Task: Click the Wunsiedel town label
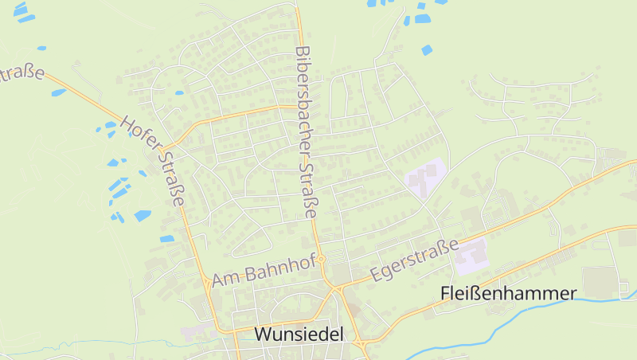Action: tap(299, 335)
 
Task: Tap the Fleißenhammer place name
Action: tap(507, 294)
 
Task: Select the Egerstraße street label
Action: tap(416, 260)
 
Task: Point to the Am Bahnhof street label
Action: tap(264, 270)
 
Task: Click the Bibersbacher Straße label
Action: tap(305, 131)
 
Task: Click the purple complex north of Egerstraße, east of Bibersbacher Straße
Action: tap(424, 176)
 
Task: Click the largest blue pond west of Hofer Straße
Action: tap(143, 215)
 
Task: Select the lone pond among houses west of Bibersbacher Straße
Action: tap(179, 92)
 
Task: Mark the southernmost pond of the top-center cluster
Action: tap(427, 50)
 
